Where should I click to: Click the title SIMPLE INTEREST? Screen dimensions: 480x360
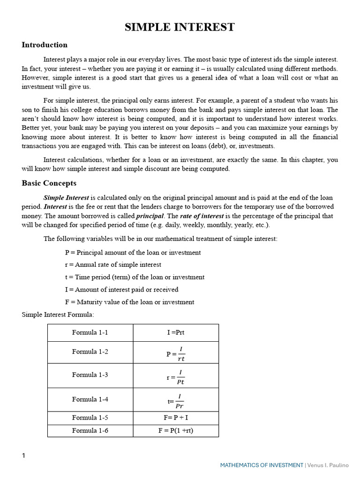click(x=180, y=27)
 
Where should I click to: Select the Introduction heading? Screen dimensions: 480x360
click(x=45, y=45)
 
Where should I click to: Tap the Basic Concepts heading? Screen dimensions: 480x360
click(x=49, y=183)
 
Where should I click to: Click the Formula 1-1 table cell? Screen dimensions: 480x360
click(x=90, y=332)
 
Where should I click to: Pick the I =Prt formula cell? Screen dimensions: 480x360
click(x=176, y=332)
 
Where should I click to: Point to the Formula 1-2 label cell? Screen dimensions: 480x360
click(x=90, y=352)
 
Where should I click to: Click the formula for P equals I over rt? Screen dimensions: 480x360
click(x=176, y=353)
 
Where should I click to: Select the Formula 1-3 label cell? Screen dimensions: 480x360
click(x=90, y=375)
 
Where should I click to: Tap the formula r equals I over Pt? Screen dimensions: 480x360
click(x=176, y=376)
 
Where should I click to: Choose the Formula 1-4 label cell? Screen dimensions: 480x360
click(x=90, y=399)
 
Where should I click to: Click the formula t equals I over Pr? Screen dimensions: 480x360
click(x=176, y=401)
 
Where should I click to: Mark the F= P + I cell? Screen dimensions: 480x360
click(x=176, y=418)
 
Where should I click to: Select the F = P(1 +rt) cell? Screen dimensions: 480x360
click(x=176, y=430)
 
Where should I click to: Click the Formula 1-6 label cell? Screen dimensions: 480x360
click(x=90, y=430)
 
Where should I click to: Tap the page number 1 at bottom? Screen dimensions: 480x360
click(x=24, y=456)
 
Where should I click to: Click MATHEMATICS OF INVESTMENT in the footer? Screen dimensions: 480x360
click(x=262, y=465)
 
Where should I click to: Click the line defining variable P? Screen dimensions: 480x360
click(x=133, y=252)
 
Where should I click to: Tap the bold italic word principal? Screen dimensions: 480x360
click(x=150, y=216)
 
